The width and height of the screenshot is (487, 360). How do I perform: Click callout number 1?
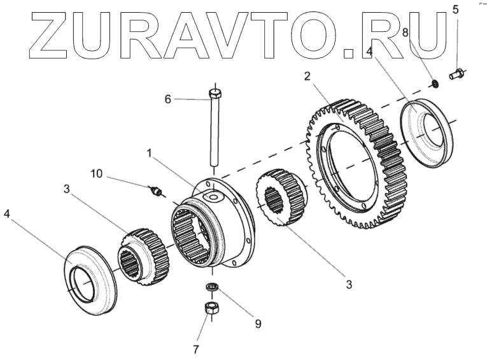tap(149, 154)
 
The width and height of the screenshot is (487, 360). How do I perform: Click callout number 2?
tap(307, 76)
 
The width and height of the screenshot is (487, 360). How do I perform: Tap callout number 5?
tap(455, 9)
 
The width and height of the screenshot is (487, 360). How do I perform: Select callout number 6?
tap(168, 99)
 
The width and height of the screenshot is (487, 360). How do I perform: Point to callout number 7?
tap(196, 349)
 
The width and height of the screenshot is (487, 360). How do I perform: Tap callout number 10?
tap(95, 173)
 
